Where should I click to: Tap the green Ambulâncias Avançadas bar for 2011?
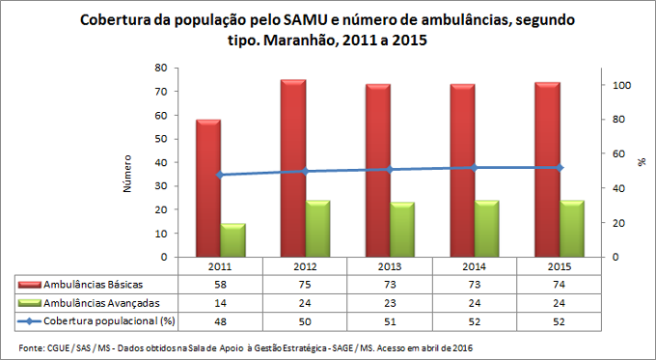(232, 240)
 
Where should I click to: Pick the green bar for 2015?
(572, 229)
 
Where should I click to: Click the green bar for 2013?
(403, 230)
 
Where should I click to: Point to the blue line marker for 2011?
(220, 175)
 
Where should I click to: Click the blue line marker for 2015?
(560, 168)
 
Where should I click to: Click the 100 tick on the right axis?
(624, 86)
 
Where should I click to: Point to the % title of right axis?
(641, 162)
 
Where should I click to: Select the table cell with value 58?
(221, 284)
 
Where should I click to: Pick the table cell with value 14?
(221, 301)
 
